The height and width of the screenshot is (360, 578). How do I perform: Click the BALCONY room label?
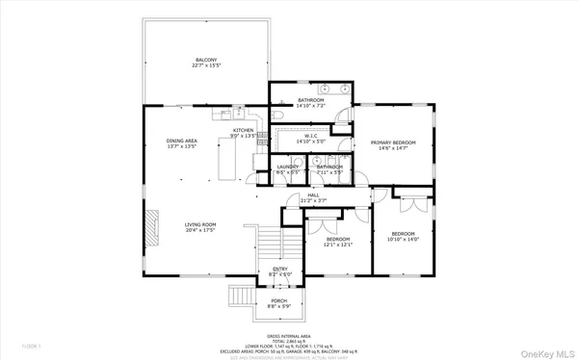[204, 60]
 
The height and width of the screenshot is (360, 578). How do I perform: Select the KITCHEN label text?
[243, 130]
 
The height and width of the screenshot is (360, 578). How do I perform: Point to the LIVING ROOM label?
[199, 224]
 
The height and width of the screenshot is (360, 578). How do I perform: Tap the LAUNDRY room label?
[286, 167]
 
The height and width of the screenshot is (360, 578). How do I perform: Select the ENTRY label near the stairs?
[279, 269]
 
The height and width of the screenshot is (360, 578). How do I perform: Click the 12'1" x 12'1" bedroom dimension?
[339, 244]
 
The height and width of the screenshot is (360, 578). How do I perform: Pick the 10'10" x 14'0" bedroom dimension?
[403, 239]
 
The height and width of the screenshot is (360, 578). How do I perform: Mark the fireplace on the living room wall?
[150, 231]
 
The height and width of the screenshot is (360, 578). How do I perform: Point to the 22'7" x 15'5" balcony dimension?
[204, 66]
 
